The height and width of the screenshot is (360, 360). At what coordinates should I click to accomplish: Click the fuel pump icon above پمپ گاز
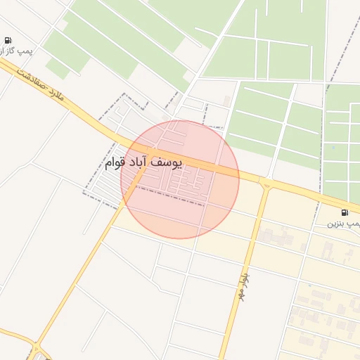pyautogui.click(x=7, y=40)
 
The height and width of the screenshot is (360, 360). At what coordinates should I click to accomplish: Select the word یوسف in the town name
pyautogui.click(x=167, y=162)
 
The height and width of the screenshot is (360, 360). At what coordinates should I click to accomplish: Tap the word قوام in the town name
pyautogui.click(x=115, y=163)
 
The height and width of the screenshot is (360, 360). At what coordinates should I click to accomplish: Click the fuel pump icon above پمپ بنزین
pyautogui.click(x=344, y=212)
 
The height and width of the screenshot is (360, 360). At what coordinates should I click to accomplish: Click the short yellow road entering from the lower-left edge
pyautogui.click(x=14, y=334)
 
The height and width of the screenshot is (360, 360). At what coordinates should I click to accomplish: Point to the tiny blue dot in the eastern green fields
pyautogui.click(x=332, y=148)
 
